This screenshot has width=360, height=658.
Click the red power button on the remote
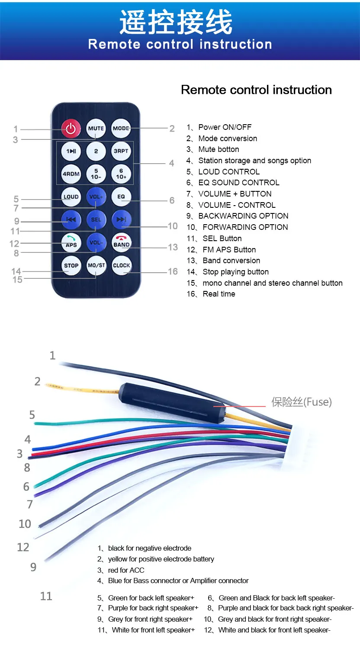coord(71,129)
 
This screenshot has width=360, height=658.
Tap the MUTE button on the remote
coord(96,129)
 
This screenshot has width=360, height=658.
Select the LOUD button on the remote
coord(71,197)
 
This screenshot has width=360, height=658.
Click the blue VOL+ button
coord(96,197)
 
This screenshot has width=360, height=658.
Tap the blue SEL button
coord(96,219)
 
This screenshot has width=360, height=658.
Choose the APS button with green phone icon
coord(71,242)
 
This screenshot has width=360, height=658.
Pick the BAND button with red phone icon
coord(122,242)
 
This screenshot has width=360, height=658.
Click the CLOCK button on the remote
coord(122,265)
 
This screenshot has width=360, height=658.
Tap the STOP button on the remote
coord(71,265)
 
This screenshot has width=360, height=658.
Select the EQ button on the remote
coord(121,197)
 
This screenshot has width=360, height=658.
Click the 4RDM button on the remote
coord(71,174)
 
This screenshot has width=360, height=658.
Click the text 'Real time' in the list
coord(219,294)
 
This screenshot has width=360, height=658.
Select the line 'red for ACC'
coord(126,570)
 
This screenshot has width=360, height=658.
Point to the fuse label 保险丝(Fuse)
coord(302,402)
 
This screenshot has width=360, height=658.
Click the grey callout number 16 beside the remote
coord(173,271)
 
